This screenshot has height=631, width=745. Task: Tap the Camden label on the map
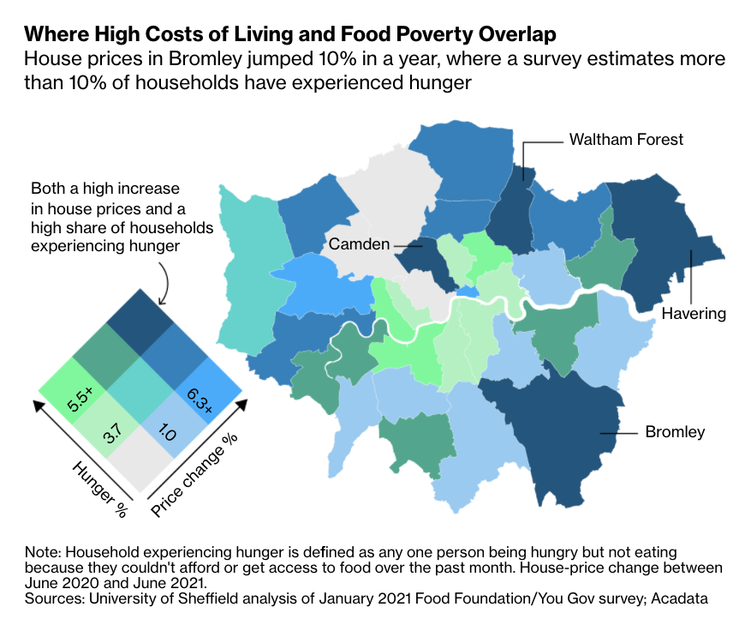(355, 244)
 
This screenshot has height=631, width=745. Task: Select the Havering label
(694, 314)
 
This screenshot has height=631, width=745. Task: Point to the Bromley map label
(675, 432)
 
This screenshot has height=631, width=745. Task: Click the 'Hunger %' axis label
(99, 490)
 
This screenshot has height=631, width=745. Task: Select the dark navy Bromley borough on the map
(561, 433)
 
